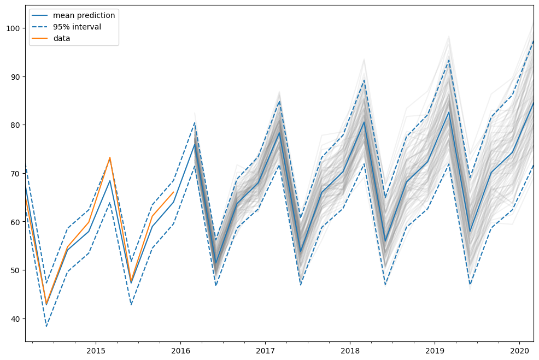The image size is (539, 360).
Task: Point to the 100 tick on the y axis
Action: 13,28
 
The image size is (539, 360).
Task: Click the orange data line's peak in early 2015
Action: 110,157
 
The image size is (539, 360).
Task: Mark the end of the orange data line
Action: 174,192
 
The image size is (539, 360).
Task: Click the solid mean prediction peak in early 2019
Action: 449,111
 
